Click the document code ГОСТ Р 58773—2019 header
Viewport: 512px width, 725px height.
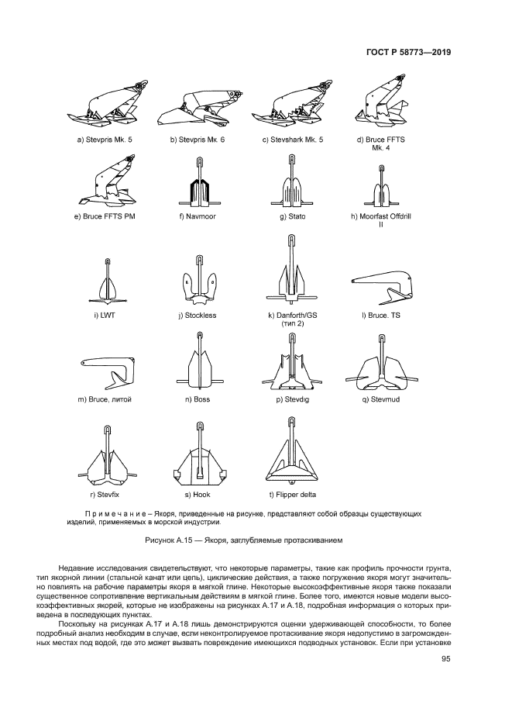(x=408, y=53)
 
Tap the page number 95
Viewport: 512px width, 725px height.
(x=445, y=659)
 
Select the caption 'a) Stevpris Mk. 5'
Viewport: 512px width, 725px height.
(x=104, y=140)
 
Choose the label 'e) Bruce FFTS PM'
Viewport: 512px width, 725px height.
(x=105, y=216)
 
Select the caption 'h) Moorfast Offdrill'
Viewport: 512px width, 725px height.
(x=381, y=216)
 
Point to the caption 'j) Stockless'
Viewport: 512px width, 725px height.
(x=198, y=316)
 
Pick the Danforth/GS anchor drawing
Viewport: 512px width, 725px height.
(x=292, y=272)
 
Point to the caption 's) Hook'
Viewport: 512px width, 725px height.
(x=198, y=494)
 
